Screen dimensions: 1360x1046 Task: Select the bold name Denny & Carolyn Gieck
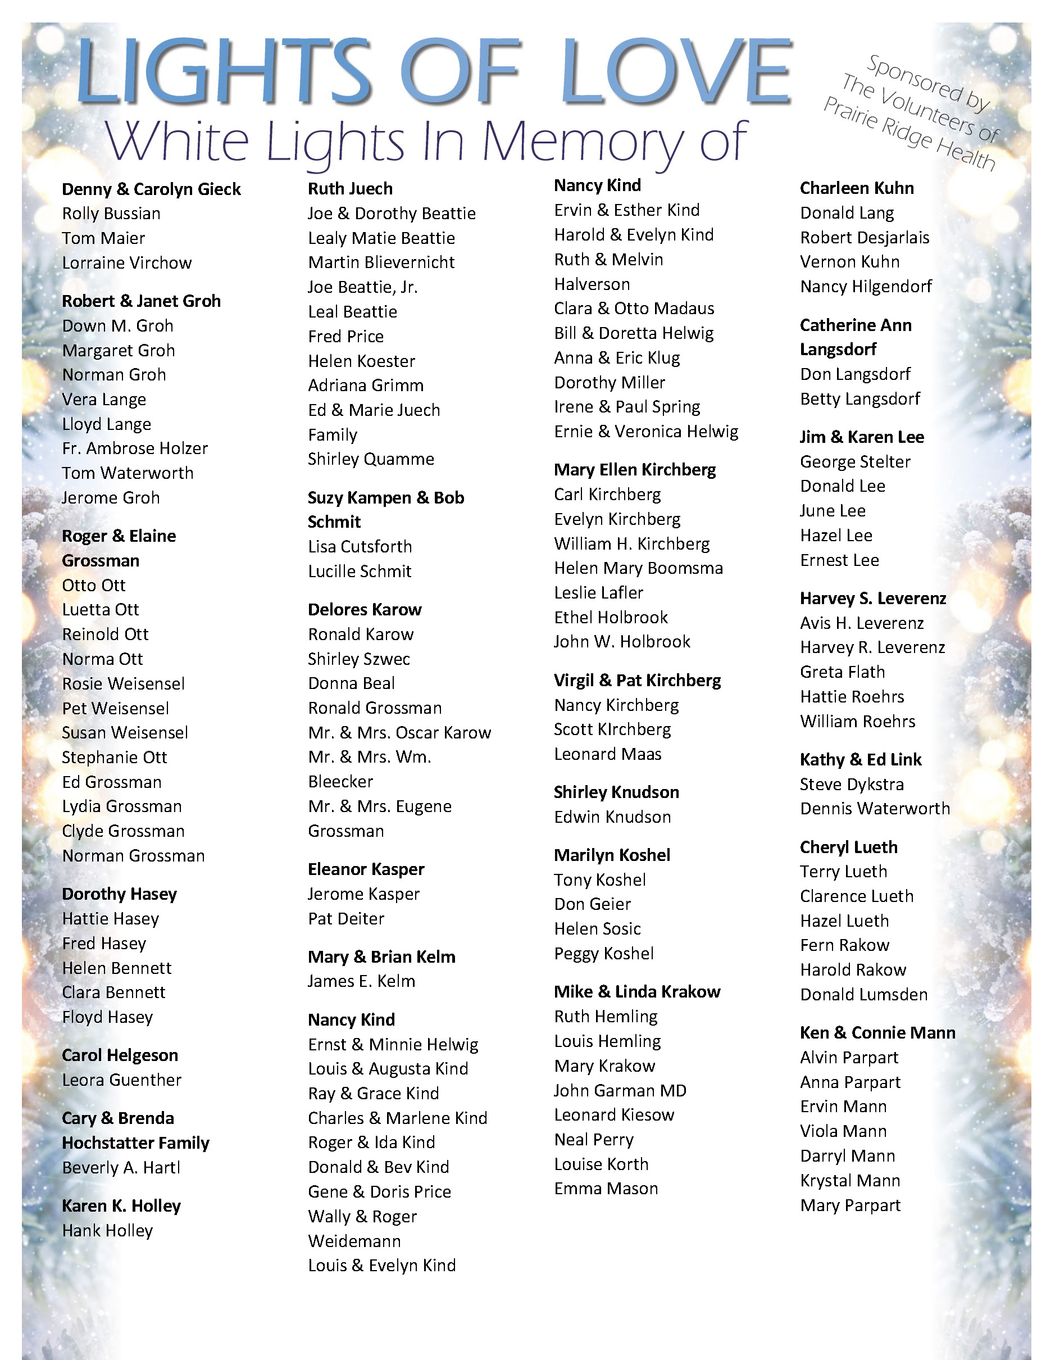click(151, 189)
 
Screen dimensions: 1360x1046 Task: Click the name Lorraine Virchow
click(127, 263)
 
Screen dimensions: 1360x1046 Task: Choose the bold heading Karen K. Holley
click(121, 1206)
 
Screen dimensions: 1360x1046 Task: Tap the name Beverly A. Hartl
click(121, 1168)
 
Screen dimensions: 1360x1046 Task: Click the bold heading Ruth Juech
click(351, 189)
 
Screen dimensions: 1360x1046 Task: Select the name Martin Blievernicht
click(381, 262)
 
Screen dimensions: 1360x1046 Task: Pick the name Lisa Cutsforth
click(360, 547)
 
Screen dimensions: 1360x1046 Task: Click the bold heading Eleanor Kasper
click(366, 869)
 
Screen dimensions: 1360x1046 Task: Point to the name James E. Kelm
click(362, 981)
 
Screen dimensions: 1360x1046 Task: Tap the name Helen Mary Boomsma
click(639, 568)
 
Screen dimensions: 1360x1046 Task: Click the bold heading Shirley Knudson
click(616, 792)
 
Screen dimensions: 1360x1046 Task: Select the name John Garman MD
click(620, 1090)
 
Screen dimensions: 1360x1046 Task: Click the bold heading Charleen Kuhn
click(857, 188)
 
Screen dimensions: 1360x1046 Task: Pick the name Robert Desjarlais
click(865, 237)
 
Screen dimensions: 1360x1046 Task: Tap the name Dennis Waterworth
click(875, 808)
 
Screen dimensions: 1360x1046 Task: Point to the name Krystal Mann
click(851, 1180)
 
